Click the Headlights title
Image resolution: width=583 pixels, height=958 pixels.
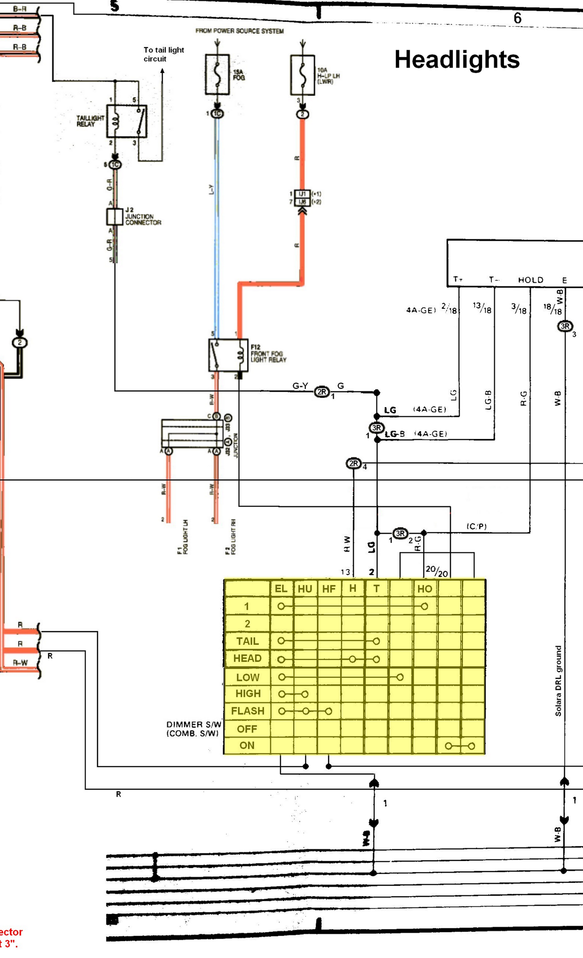coord(456,60)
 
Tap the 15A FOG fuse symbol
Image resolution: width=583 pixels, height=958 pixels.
coord(217,74)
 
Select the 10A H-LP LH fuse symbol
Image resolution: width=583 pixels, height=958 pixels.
coord(303,75)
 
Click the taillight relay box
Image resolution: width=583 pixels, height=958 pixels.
coord(127,121)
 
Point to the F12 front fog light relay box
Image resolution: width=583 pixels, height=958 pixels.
coord(228,355)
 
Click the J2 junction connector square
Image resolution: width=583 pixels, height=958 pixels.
coord(115,217)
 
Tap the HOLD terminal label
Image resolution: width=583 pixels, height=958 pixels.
coord(530,280)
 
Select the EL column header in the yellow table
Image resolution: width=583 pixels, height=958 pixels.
coord(281,589)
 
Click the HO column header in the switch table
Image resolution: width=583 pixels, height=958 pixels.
coord(424,589)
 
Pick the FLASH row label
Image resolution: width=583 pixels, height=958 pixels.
coord(248,711)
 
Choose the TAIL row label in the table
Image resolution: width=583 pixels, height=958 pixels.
coord(247,641)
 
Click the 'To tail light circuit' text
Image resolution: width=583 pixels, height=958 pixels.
coord(163,54)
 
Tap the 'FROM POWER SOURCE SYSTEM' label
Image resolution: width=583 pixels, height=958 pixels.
coord(239,31)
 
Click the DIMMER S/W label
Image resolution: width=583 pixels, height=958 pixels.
coord(193,729)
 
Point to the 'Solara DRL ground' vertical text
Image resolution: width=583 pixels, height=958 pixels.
coord(558,681)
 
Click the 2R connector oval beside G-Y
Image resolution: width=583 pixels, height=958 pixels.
coord(322,392)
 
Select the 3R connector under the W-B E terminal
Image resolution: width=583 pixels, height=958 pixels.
coord(565,326)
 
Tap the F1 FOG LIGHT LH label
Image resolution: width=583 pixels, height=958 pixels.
coord(183,537)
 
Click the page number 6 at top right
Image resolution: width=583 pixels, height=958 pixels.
coord(517,18)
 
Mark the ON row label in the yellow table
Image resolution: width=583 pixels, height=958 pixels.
coord(247,745)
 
